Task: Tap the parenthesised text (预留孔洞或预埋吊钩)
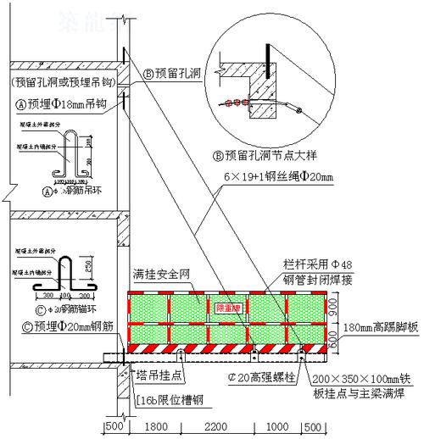point(61,83)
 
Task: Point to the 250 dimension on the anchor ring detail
point(88,266)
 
